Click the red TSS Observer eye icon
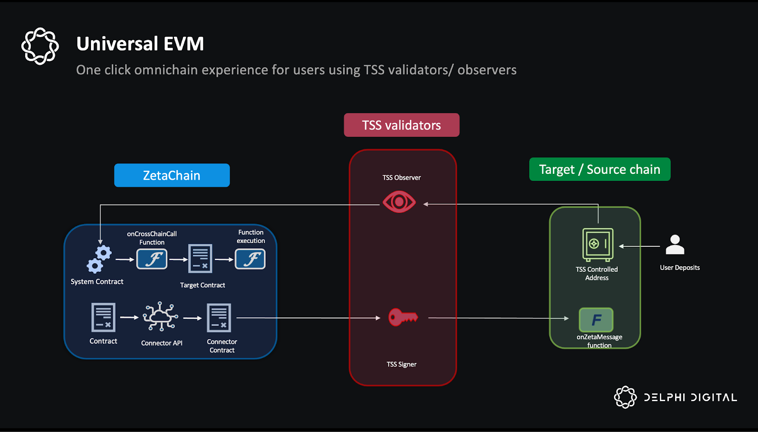tap(399, 202)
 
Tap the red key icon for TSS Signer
tap(403, 317)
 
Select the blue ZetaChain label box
tap(172, 175)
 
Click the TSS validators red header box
tap(401, 125)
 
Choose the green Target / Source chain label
tap(599, 169)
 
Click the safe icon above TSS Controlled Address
tap(597, 244)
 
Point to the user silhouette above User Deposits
tap(675, 245)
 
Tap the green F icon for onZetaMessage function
tap(596, 320)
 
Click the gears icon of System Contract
tap(99, 259)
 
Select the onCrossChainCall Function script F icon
tap(152, 259)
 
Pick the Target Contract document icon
tap(200, 259)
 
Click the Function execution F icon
tap(250, 259)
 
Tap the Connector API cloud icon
tap(161, 316)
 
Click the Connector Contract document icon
tap(219, 317)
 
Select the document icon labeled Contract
tap(103, 317)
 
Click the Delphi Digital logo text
tap(690, 397)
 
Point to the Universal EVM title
tap(140, 44)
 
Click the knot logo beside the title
tap(40, 46)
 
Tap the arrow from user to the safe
tap(640, 246)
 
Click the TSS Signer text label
tap(401, 364)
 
